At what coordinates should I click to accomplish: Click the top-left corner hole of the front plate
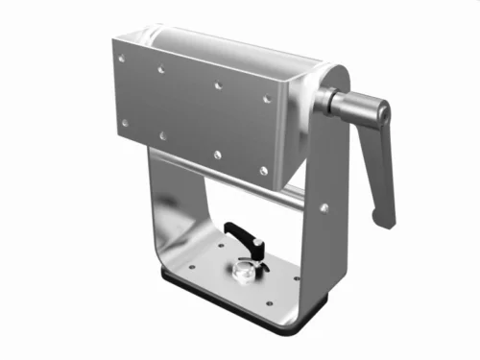pyautogui.click(x=122, y=59)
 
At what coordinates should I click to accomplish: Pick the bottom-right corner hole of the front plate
pyautogui.click(x=263, y=171)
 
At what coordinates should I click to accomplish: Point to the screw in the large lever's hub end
pyautogui.click(x=383, y=114)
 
